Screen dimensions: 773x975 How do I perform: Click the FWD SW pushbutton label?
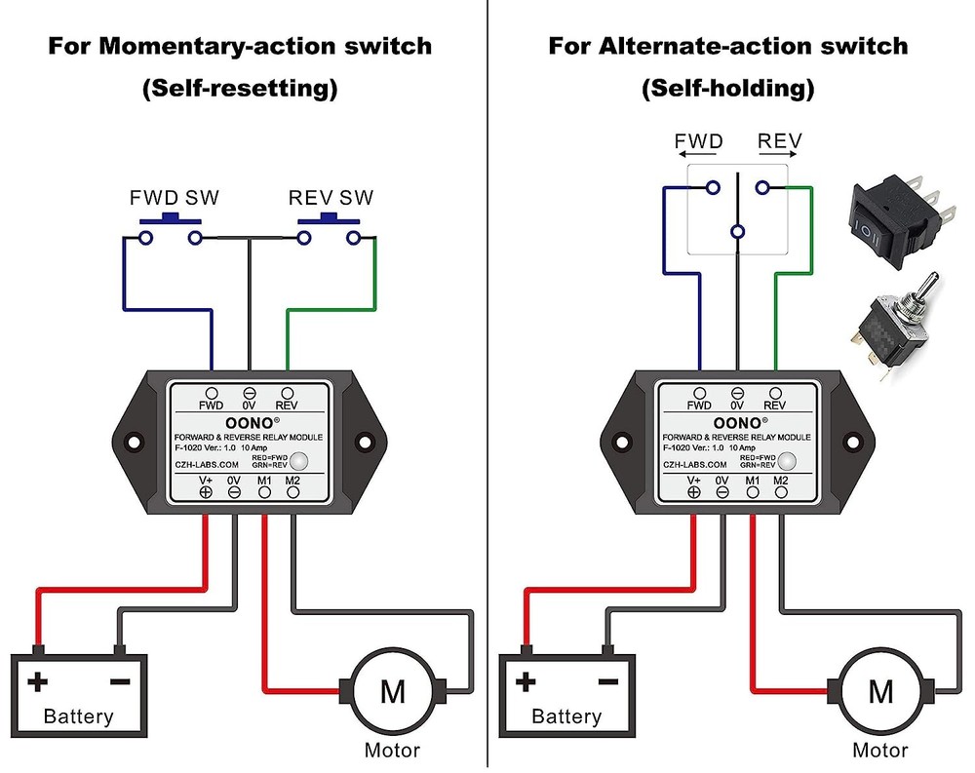(x=175, y=198)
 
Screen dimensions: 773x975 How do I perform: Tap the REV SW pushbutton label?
(x=331, y=198)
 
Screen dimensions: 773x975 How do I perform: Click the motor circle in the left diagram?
(x=392, y=691)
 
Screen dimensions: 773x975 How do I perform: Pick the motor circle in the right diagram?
(x=880, y=691)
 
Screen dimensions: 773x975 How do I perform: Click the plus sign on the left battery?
(x=38, y=681)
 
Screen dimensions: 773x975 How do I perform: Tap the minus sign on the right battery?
(x=607, y=681)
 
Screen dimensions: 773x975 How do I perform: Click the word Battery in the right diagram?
(x=566, y=716)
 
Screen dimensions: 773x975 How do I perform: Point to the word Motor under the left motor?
(x=392, y=750)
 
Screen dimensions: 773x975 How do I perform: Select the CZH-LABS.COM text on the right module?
(x=697, y=465)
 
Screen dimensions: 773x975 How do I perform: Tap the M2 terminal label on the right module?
(x=781, y=481)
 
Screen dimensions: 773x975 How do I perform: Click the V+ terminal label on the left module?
(x=206, y=481)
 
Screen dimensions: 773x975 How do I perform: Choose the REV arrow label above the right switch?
(x=779, y=142)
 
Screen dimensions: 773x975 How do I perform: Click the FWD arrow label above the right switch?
(x=699, y=142)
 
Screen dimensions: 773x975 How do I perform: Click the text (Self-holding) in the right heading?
(x=727, y=89)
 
